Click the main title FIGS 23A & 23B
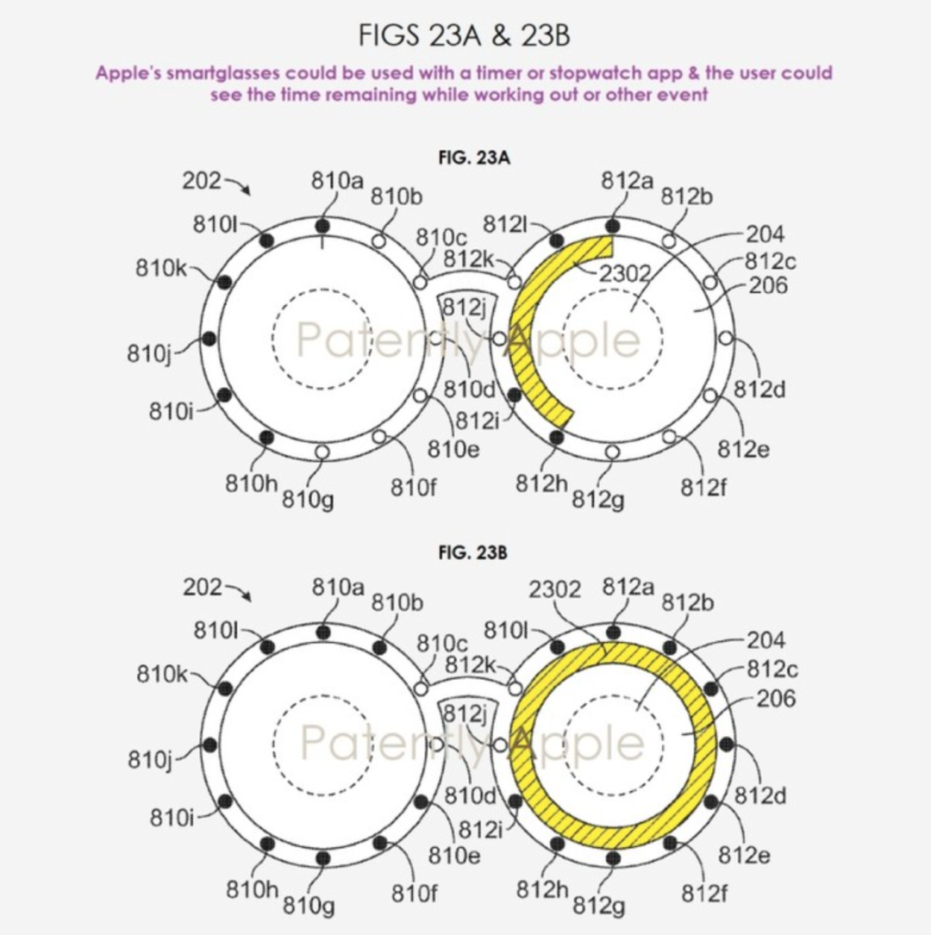click(x=464, y=35)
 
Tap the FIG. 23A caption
click(x=474, y=158)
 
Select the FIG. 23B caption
click(x=473, y=552)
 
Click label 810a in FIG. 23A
click(x=337, y=180)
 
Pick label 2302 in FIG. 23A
click(x=624, y=274)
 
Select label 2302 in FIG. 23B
click(x=554, y=589)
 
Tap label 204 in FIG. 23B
click(x=765, y=640)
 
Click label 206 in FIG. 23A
click(x=768, y=285)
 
